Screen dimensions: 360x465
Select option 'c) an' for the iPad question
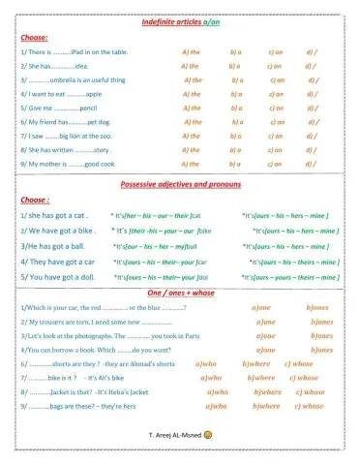tap(278, 50)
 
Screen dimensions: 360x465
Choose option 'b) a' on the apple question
tap(236, 94)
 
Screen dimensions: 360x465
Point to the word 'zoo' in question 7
tap(117, 137)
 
